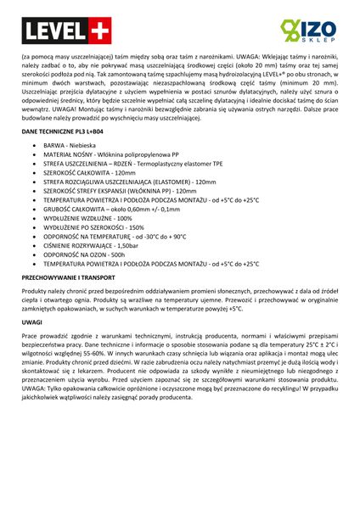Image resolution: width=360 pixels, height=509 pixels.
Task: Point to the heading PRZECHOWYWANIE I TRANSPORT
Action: tap(69, 277)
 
